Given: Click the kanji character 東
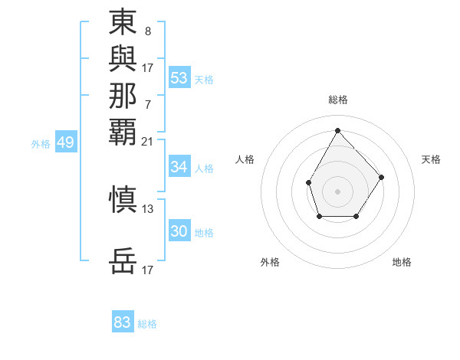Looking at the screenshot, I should click(123, 22).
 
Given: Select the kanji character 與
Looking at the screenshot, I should click(123, 59).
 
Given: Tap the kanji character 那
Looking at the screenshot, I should click(123, 96).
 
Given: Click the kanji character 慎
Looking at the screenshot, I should click(123, 199).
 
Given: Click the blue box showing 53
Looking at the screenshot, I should click(179, 77).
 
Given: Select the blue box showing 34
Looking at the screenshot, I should click(179, 167).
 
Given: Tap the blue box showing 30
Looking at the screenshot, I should click(179, 231).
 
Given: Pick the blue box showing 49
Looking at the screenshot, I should click(66, 142).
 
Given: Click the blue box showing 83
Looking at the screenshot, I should click(122, 322).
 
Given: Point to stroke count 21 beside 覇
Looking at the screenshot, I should click(147, 141).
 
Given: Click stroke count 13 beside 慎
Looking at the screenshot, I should click(147, 208).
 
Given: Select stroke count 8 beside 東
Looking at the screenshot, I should click(147, 31).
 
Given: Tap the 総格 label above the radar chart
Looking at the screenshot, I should click(337, 100).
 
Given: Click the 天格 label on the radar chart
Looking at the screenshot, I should click(431, 159).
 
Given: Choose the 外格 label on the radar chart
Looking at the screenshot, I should click(270, 262).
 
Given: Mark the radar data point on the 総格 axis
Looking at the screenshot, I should click(337, 129).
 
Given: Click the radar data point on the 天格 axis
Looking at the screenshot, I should click(383, 178).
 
